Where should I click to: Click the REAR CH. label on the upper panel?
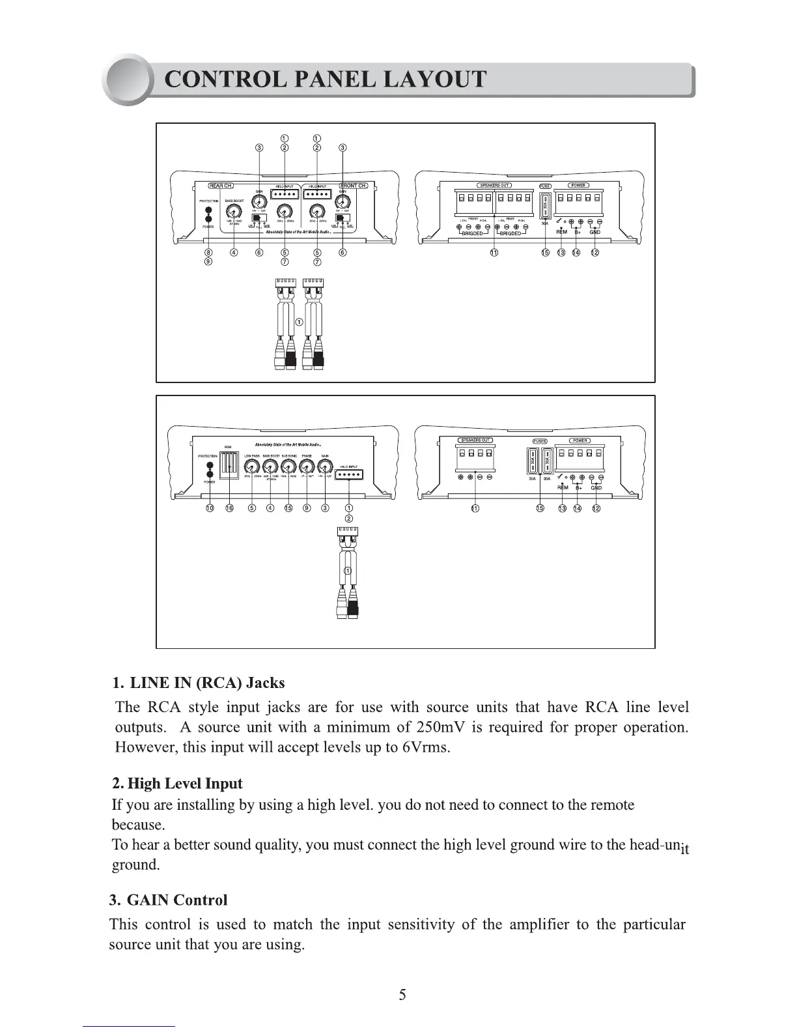pyautogui.click(x=221, y=186)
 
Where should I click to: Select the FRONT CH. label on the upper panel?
pyautogui.click(x=354, y=186)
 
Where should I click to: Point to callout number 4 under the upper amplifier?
pyautogui.click(x=234, y=253)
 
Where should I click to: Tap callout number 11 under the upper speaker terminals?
pyautogui.click(x=494, y=253)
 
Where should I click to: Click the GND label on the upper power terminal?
pyautogui.click(x=594, y=232)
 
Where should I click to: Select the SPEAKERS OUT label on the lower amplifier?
pyautogui.click(x=475, y=440)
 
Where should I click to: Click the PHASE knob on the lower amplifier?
pyautogui.click(x=307, y=466)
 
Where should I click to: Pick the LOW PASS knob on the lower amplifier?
pyautogui.click(x=252, y=466)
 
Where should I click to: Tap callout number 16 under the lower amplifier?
pyautogui.click(x=229, y=508)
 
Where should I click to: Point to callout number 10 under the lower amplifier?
pyautogui.click(x=210, y=508)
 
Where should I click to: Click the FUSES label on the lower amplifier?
pyautogui.click(x=540, y=441)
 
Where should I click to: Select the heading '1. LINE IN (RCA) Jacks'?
pyautogui.click(x=199, y=683)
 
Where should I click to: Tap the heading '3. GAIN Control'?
pyautogui.click(x=169, y=900)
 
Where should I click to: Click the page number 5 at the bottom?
pyautogui.click(x=402, y=995)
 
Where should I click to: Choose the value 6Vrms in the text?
pyautogui.click(x=425, y=747)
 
